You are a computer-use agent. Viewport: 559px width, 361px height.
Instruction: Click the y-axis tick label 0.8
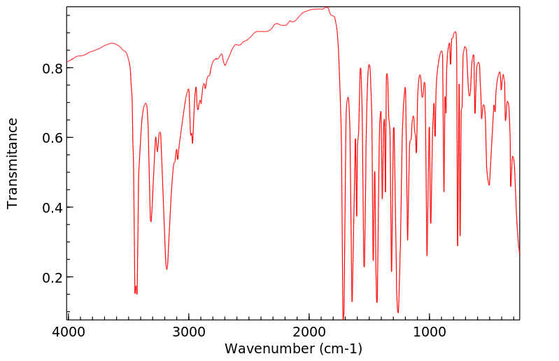tap(53, 69)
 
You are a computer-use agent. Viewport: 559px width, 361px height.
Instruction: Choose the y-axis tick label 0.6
tap(53, 138)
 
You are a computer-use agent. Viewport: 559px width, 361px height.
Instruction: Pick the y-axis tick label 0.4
tap(53, 208)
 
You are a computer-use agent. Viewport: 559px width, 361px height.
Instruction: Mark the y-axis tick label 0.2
tap(53, 278)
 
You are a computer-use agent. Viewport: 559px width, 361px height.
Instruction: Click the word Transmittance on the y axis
tap(13, 163)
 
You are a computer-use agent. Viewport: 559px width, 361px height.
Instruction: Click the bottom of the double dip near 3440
tap(136, 292)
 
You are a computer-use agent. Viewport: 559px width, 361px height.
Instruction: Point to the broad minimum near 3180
tap(167, 269)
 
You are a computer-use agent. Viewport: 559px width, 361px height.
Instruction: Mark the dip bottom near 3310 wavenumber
tap(151, 222)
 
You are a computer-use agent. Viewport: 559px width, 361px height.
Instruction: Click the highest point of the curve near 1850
tap(327, 8)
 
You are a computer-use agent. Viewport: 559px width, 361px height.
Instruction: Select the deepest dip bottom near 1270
tap(397, 313)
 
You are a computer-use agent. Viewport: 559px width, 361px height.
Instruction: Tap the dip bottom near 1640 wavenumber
tap(352, 302)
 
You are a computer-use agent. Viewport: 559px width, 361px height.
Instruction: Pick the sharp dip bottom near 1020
tap(427, 255)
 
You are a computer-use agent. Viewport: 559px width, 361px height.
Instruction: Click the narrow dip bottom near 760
tap(458, 246)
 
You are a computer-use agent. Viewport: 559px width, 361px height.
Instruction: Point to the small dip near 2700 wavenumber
tap(225, 65)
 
